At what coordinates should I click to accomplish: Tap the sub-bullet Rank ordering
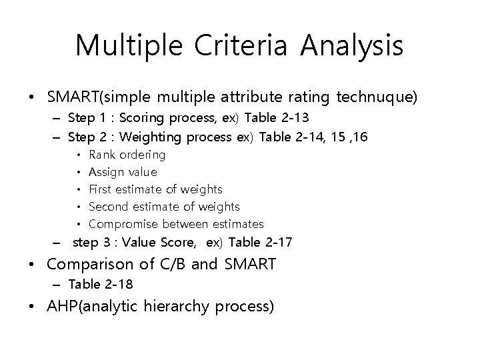[x=127, y=155]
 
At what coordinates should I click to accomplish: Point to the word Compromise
[x=123, y=224]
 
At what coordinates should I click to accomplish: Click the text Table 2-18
[x=101, y=285]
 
